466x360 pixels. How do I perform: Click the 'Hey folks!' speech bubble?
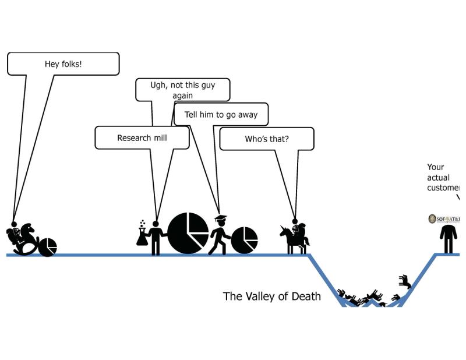63,63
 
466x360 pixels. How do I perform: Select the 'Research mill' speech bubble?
142,138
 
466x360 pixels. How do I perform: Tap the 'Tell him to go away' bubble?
221,114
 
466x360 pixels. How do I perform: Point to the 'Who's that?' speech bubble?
266,139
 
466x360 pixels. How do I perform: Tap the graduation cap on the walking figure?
220,218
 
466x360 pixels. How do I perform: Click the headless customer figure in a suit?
448,238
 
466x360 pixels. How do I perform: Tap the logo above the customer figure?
444,219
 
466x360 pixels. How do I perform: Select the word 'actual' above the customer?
438,178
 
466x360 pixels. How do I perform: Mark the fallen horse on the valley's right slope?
405,283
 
